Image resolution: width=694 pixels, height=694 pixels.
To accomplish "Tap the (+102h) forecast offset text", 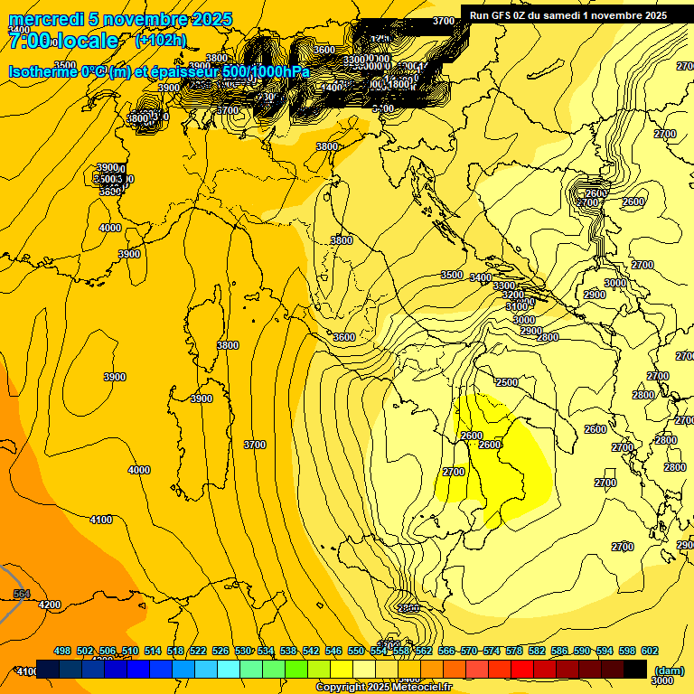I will pos(160,40).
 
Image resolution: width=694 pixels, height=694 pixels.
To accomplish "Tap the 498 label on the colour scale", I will pos(62,652).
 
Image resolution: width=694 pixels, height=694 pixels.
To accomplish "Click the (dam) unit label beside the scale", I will pos(669,671).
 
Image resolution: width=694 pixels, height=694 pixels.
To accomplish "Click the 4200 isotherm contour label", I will pos(50,605).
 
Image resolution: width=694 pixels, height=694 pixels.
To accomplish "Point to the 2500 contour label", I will pos(507,382).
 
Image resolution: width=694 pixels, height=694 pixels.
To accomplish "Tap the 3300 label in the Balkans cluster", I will pos(504,286).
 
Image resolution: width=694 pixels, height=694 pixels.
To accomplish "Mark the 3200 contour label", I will pos(513,295).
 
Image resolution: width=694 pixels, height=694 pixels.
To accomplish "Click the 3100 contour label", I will pos(517,307).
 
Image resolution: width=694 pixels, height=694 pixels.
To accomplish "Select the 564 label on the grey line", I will pos(23,594).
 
